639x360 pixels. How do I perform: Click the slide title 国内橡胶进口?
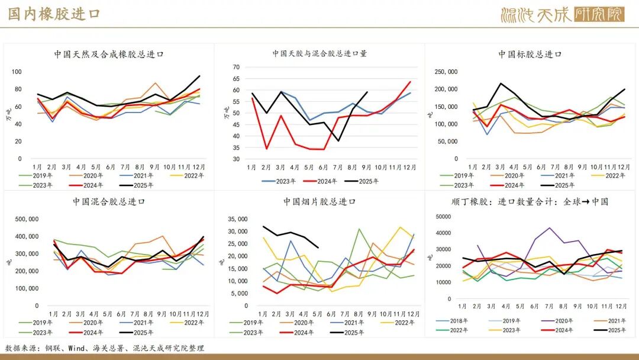coord(54,14)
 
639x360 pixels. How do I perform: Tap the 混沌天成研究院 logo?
coord(561,15)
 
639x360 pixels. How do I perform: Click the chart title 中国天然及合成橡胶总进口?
coord(109,54)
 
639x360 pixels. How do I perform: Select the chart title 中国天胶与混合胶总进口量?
coord(319,53)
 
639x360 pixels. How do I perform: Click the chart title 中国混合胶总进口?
coord(109,201)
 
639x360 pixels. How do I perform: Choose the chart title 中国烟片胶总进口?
coord(319,201)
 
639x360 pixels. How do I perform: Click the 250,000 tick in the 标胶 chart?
coord(445,72)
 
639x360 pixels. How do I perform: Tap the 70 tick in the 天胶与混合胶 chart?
coord(235,67)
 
